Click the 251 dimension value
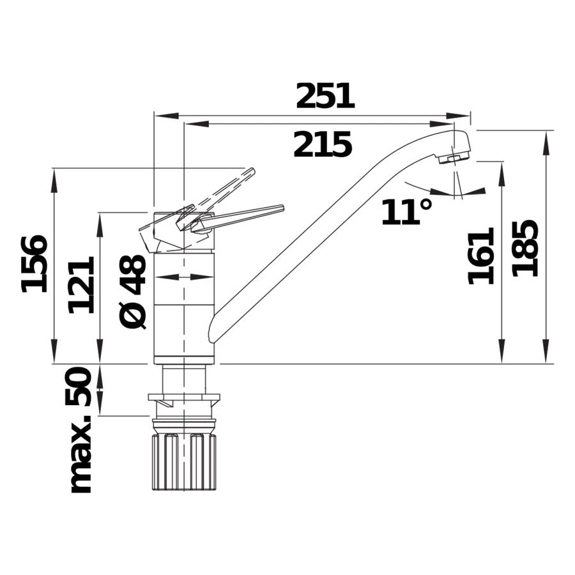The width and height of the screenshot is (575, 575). click(x=325, y=96)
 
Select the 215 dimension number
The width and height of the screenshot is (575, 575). click(x=323, y=145)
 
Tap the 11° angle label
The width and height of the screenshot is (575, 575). click(x=406, y=212)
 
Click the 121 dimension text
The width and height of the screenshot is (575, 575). click(x=82, y=284)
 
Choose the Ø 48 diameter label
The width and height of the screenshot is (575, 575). click(x=134, y=291)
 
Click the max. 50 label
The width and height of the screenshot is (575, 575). click(x=80, y=430)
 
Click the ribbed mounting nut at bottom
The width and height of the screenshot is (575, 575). click(x=184, y=461)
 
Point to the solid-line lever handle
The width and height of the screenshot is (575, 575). click(x=240, y=217)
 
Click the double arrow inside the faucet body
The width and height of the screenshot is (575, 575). click(x=184, y=277)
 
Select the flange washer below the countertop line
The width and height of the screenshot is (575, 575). click(x=184, y=399)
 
